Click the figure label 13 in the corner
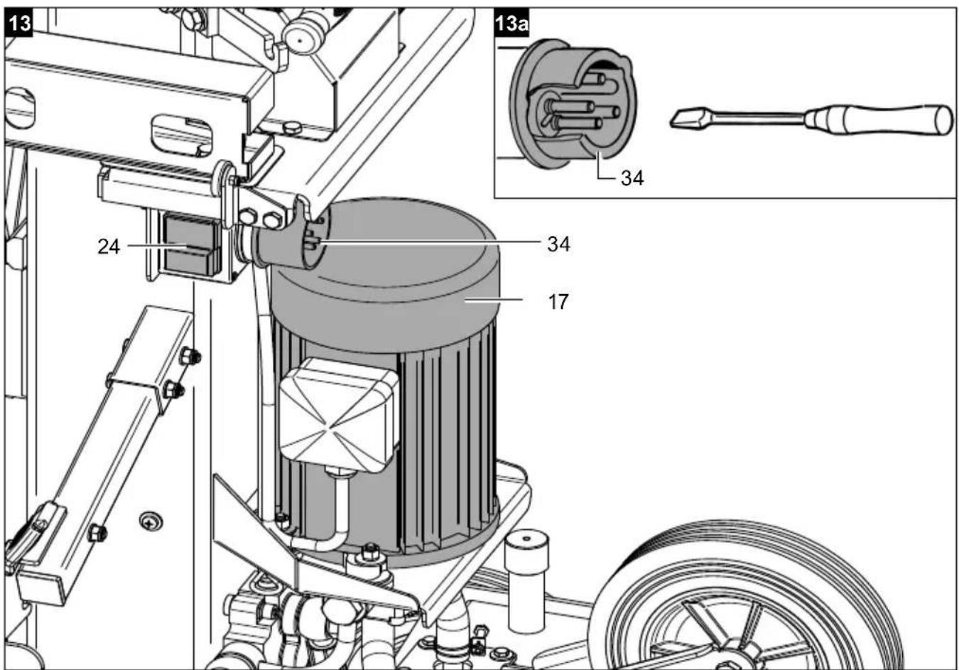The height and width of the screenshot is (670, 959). [x=19, y=23]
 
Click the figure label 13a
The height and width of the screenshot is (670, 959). [x=511, y=23]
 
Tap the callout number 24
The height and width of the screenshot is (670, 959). [x=109, y=247]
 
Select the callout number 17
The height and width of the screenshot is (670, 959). [x=558, y=302]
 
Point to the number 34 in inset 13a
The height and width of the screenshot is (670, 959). [x=632, y=178]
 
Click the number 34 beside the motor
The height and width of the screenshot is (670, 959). [x=558, y=244]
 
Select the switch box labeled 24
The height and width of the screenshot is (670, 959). [x=193, y=245]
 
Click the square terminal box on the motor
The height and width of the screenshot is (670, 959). [x=338, y=414]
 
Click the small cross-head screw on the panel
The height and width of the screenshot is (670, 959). [x=151, y=522]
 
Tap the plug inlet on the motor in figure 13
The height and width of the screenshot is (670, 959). [x=296, y=239]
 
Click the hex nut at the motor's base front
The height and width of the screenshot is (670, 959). [x=370, y=553]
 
